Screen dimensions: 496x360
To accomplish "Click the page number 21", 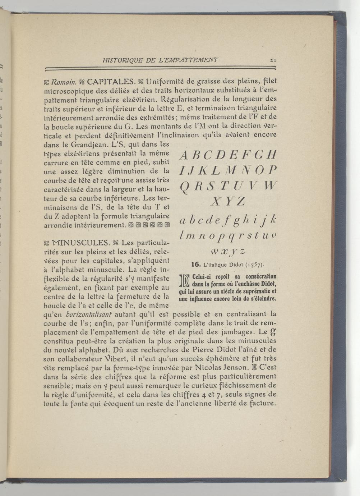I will click(x=273, y=60).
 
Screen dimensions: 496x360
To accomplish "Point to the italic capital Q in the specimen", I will click(x=184, y=187).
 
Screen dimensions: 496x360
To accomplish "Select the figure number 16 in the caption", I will click(x=195, y=265).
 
